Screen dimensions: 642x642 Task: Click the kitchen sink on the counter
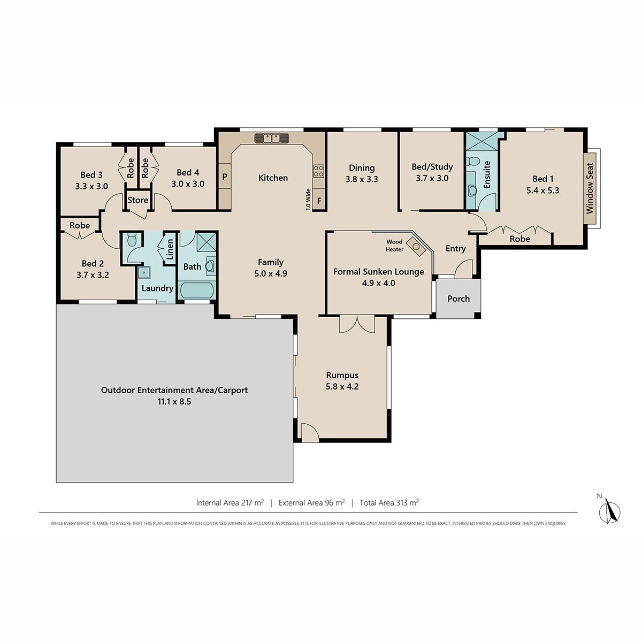(272, 138)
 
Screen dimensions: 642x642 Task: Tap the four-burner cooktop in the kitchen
(318, 171)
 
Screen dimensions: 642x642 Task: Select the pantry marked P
(225, 177)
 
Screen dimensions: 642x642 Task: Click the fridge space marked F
(319, 201)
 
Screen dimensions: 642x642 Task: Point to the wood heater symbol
(416, 247)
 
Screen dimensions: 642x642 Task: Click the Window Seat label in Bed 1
(590, 188)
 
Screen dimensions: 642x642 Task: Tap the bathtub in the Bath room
(196, 291)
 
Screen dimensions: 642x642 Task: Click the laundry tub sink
(144, 273)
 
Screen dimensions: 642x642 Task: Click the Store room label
(137, 200)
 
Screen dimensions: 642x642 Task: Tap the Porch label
(458, 299)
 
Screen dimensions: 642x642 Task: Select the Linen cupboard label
(170, 249)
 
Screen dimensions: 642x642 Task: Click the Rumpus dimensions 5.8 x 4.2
(342, 386)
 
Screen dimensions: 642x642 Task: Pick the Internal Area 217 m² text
(230, 502)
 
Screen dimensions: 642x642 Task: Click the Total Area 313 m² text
(389, 502)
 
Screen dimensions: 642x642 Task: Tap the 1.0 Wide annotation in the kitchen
(308, 200)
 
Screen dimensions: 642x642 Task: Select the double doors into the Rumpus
(357, 325)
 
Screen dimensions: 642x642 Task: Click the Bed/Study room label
(432, 166)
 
